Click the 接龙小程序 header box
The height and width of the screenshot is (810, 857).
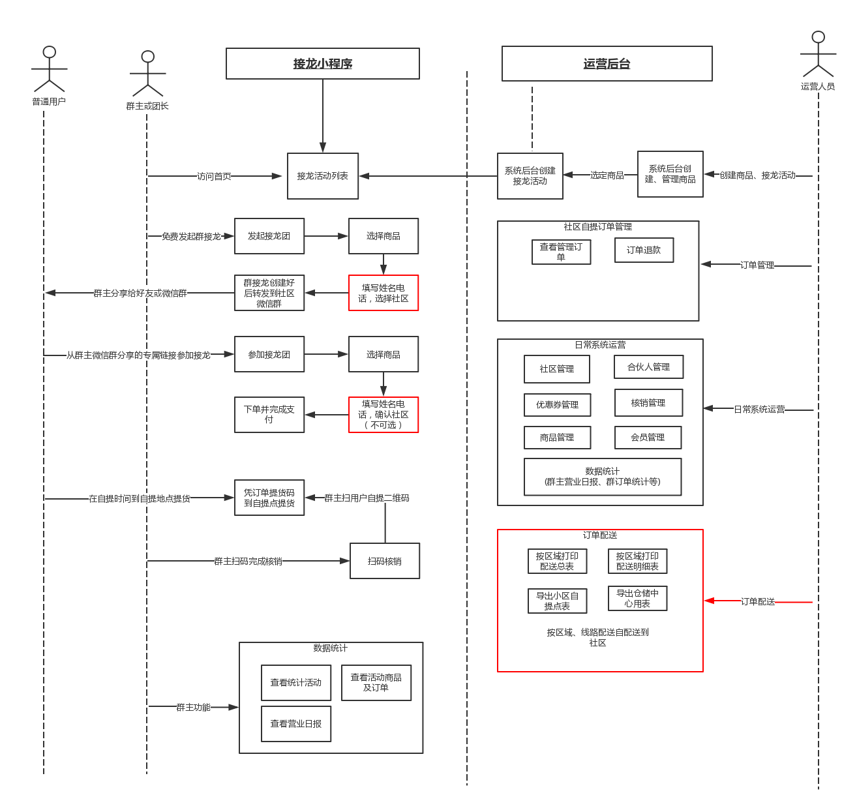point(322,64)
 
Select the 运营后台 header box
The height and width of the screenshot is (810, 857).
point(607,64)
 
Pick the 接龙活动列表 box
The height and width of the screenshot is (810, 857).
point(323,176)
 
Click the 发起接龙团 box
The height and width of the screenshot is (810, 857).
point(269,236)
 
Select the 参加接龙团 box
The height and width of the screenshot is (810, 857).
point(269,354)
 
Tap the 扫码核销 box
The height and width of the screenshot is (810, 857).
point(385,561)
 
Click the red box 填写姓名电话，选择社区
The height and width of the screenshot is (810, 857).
point(383,293)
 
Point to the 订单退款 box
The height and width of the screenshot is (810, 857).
point(644,250)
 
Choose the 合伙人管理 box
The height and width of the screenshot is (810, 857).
point(648,367)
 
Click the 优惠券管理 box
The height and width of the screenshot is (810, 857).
point(557,404)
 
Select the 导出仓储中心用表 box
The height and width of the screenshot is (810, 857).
point(637,598)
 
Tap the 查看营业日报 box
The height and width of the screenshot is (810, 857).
point(296,724)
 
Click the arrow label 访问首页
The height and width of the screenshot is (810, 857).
point(214,176)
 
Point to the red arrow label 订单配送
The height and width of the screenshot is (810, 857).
point(758,601)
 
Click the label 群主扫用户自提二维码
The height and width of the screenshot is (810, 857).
point(367,498)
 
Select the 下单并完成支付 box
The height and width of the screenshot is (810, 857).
point(269,415)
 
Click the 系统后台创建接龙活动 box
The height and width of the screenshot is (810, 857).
point(530,176)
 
